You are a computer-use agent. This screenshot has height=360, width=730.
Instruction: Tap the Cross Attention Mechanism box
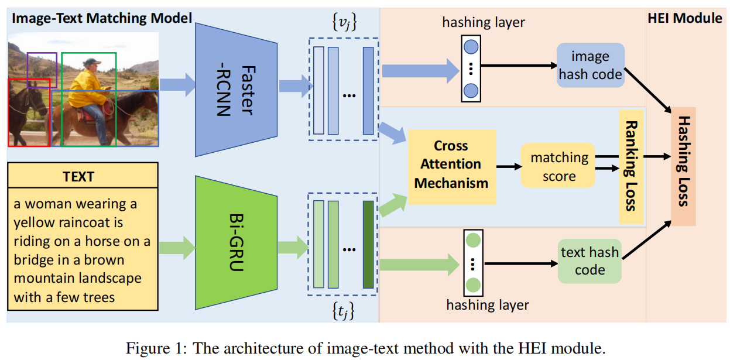pos(451,164)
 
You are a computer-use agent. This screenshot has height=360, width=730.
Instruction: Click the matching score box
pos(559,166)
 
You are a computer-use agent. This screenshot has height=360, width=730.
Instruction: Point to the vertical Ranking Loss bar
pos(631,166)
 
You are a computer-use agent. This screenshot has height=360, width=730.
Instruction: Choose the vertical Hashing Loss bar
pos(683,166)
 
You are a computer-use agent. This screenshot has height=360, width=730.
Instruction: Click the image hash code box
pos(590,66)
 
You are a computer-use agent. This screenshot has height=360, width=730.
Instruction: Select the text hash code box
pos(590,261)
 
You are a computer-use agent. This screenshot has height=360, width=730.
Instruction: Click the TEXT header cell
pos(83,176)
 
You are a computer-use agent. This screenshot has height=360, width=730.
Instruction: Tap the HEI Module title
pos(684,18)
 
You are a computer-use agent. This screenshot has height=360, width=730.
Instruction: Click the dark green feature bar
pos(368,244)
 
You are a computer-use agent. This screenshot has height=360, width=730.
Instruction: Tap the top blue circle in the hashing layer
pos(471,47)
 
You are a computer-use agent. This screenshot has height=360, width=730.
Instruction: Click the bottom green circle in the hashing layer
pos(472,286)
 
